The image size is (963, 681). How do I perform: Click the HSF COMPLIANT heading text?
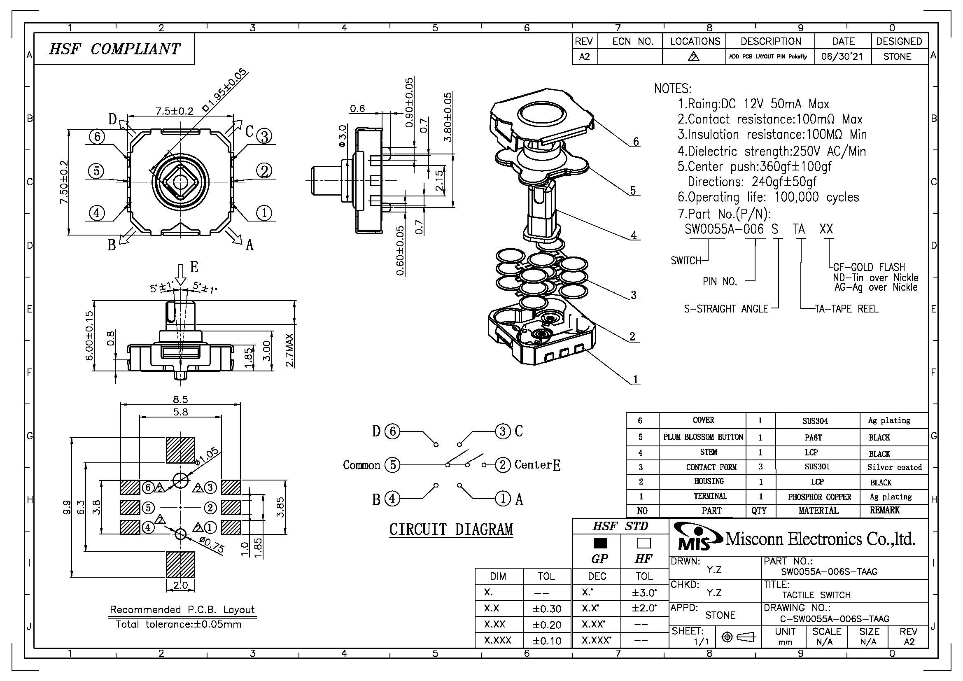pos(114,49)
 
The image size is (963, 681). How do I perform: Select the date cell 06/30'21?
pos(842,56)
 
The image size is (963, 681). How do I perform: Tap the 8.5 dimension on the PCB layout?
pos(180,400)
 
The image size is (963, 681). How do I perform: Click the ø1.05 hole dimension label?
pos(207,456)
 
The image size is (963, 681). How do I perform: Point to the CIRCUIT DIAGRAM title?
pos(451,529)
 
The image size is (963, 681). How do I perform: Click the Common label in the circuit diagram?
pos(361,465)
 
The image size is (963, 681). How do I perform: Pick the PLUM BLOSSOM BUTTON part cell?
pos(703,437)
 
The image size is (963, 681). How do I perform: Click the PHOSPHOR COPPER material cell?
pos(819,497)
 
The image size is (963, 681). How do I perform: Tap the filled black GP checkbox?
pos(600,543)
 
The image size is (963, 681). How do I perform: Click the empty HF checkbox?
pos(644,543)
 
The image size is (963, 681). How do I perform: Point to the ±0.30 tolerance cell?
pos(547,609)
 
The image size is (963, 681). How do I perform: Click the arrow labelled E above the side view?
pos(181,275)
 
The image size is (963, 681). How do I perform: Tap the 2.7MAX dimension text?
pos(290,350)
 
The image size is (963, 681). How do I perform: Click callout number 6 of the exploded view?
pos(636,142)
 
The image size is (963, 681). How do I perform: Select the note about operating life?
pos(768,197)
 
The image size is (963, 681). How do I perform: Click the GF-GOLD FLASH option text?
pos(869,267)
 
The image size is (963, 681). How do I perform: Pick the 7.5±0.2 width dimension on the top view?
pos(175,111)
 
